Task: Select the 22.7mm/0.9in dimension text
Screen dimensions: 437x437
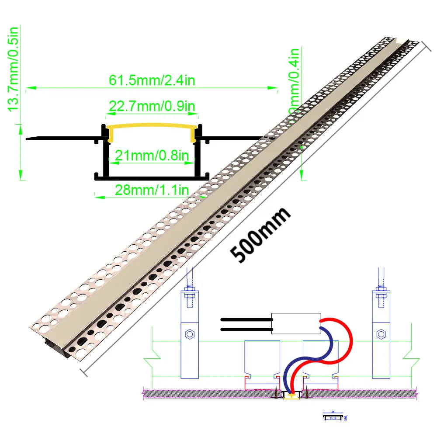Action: coord(152,106)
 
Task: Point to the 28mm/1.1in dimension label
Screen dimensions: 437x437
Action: coord(152,190)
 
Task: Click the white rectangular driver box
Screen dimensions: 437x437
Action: coord(296,323)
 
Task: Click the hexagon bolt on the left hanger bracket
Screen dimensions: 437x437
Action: coord(190,334)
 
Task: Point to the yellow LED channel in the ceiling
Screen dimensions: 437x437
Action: coord(291,395)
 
